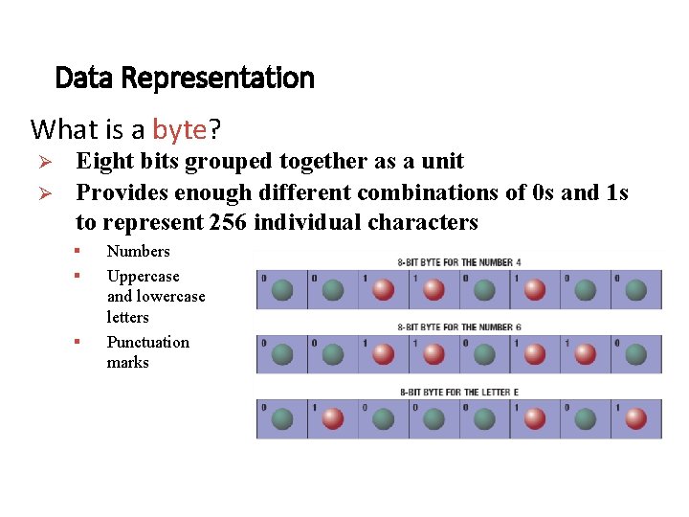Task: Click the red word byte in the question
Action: pyautogui.click(x=179, y=128)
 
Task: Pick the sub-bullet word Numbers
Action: pyautogui.click(x=138, y=251)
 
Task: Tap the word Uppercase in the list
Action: pyautogui.click(x=143, y=276)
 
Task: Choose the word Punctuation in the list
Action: pyautogui.click(x=147, y=342)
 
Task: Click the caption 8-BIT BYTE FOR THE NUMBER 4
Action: pyautogui.click(x=458, y=261)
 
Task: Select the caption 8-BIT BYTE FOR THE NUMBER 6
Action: pyautogui.click(x=458, y=326)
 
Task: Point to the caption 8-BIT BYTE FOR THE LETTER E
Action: pyautogui.click(x=458, y=392)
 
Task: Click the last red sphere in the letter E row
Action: pyautogui.click(x=635, y=419)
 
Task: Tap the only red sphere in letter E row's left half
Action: pyautogui.click(x=332, y=419)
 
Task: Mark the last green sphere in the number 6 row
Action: pyautogui.click(x=635, y=354)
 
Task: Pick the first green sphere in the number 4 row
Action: pyautogui.click(x=282, y=289)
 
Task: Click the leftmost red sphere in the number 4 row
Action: pyautogui.click(x=383, y=289)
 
